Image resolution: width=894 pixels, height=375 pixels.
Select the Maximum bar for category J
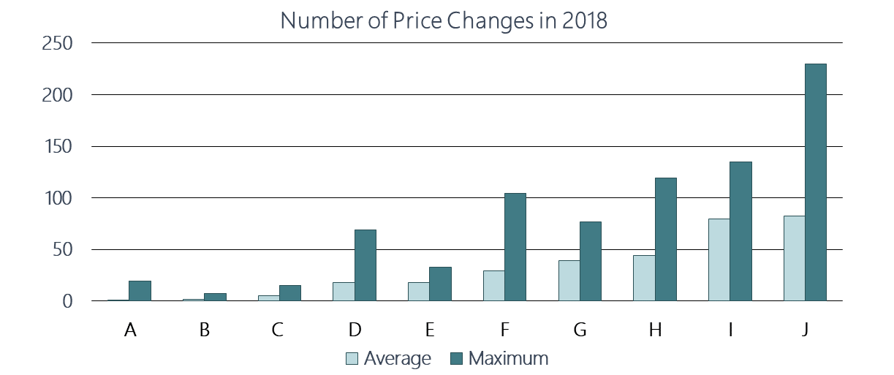click(815, 183)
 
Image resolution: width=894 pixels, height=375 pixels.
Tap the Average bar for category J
click(794, 259)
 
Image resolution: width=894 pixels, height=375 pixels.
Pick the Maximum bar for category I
click(740, 232)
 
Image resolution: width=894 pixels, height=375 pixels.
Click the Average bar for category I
click(719, 260)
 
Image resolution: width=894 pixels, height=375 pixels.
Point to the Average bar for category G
click(569, 281)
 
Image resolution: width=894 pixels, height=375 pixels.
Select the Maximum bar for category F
click(515, 247)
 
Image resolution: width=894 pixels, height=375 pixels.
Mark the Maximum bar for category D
click(365, 265)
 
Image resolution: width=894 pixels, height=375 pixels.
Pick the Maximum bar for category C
click(289, 293)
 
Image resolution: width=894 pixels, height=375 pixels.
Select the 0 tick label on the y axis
click(67, 301)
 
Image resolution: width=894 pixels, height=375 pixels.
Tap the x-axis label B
click(205, 330)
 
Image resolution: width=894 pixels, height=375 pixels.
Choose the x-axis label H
click(655, 330)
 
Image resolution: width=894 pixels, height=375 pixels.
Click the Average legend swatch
click(352, 359)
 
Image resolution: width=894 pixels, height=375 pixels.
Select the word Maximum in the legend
click(508, 359)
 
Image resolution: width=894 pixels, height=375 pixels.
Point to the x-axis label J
click(805, 330)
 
